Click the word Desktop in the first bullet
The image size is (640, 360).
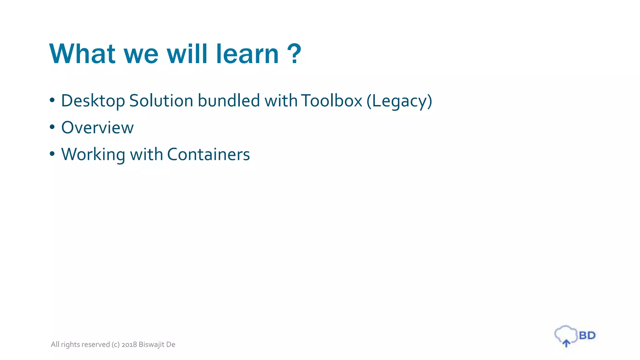[x=93, y=101]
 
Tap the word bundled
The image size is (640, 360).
[x=229, y=101]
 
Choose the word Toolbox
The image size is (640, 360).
[x=332, y=101]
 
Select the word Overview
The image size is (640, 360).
[x=97, y=128]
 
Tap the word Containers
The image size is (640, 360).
[x=208, y=155]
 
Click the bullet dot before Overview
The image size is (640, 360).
[x=52, y=127]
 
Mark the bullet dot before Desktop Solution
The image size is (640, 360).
[x=52, y=100]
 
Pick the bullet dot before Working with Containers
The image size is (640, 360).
[x=52, y=154]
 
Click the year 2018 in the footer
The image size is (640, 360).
[x=129, y=344]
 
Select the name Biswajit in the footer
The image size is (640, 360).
[x=152, y=344]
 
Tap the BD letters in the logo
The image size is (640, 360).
[x=587, y=336]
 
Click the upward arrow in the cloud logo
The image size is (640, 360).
[x=566, y=343]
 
